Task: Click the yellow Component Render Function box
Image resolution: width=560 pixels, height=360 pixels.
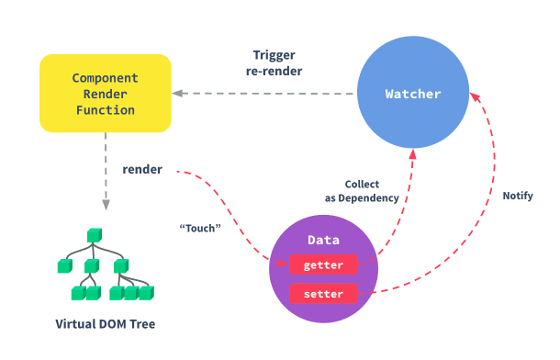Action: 106,94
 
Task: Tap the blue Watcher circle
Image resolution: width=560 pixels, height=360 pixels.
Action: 413,92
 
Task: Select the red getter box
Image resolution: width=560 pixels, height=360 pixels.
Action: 323,264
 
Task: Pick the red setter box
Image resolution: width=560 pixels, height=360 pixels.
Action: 323,294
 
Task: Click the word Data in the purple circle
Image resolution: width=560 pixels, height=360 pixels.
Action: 323,240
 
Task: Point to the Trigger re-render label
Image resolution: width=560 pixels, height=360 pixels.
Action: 274,63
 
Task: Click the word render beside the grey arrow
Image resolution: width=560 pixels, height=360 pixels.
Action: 142,169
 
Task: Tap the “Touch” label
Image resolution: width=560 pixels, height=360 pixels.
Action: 200,228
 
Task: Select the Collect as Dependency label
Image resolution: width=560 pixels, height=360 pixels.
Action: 362,191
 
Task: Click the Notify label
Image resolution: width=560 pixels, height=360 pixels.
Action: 518,196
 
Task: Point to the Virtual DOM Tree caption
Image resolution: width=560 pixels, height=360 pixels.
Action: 106,324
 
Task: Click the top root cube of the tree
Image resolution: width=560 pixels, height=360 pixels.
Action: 95,236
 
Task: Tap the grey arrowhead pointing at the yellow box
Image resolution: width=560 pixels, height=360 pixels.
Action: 177,94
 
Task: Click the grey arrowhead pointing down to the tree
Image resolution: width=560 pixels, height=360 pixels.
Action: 106,205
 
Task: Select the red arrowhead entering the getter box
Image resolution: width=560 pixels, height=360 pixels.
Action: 284,264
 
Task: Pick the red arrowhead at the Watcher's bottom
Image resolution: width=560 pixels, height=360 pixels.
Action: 413,154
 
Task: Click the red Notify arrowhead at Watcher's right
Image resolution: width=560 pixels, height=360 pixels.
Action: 475,96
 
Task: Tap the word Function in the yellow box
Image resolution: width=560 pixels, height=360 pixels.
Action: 106,110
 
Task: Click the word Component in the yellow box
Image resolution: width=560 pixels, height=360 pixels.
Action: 106,78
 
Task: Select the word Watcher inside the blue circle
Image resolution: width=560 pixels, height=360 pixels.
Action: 413,94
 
